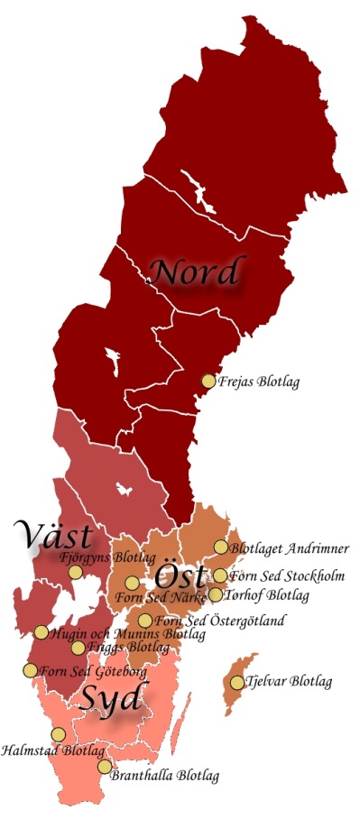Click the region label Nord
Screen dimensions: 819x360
[x=196, y=271]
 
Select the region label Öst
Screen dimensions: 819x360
[x=180, y=576]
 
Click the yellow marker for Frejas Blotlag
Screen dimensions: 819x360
[x=208, y=381]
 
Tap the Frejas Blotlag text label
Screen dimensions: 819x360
[x=259, y=382]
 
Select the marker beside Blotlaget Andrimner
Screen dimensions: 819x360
[x=220, y=547]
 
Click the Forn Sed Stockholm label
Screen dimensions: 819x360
[x=287, y=576]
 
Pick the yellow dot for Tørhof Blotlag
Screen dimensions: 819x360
[x=216, y=594]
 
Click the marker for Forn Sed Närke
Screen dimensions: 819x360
[x=132, y=583]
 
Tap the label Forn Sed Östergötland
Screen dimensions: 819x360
[x=220, y=621]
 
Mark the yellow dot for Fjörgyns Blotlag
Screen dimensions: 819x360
[x=75, y=572]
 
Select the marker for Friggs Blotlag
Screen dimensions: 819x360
[x=78, y=648]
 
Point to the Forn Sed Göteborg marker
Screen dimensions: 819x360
[x=30, y=670]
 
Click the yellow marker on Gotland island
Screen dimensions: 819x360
[x=237, y=683]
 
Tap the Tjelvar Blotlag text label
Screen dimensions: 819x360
[x=288, y=682]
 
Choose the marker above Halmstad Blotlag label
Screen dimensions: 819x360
[x=58, y=734]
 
